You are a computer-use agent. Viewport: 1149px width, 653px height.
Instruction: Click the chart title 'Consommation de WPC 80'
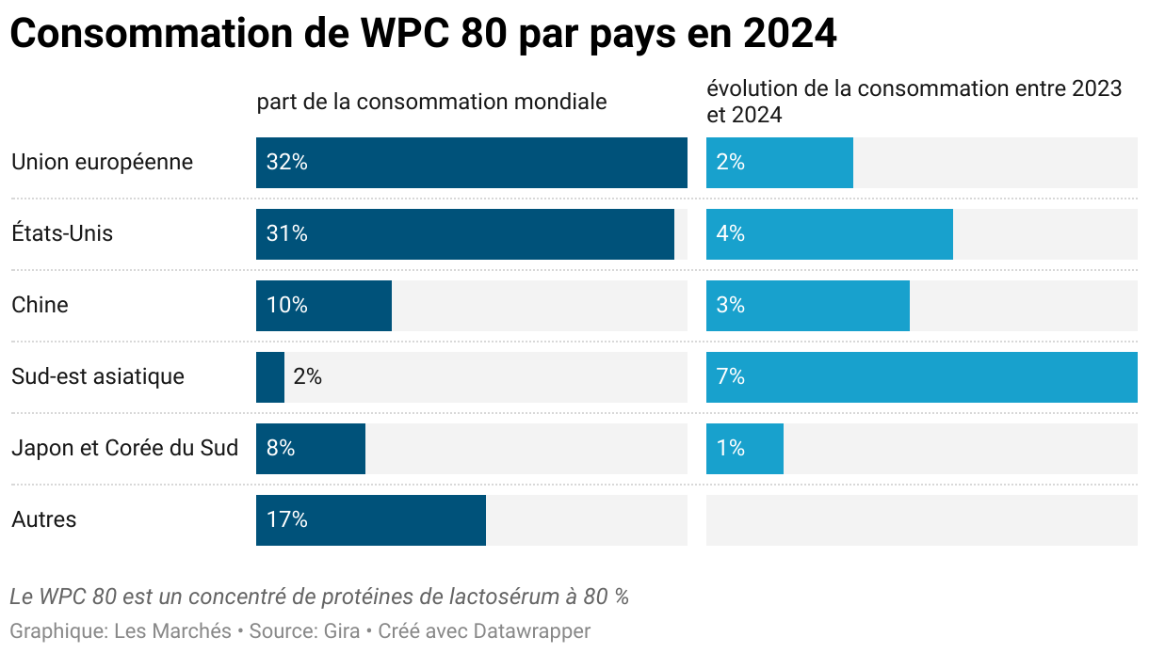(423, 35)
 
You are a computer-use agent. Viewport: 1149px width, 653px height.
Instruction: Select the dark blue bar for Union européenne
(471, 163)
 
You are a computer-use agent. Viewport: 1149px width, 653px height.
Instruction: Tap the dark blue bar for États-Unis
(465, 234)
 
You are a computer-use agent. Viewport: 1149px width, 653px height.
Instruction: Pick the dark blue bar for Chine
(324, 306)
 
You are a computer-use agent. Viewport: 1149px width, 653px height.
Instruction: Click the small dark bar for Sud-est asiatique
(270, 377)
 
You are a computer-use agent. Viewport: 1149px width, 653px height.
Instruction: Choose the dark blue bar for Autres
(371, 520)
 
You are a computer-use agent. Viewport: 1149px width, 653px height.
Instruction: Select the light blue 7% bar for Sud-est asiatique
(921, 377)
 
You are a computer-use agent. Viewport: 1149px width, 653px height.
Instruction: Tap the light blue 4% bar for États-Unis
(830, 234)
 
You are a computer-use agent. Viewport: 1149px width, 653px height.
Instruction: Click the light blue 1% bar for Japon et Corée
(745, 449)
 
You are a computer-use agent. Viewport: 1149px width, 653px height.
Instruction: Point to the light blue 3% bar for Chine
(808, 306)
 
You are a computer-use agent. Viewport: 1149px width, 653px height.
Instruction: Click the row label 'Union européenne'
(102, 163)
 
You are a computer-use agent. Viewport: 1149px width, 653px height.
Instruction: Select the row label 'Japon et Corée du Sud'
(124, 449)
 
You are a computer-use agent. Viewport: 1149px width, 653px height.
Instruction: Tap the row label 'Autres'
(44, 520)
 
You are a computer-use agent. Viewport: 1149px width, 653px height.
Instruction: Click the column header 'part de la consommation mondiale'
(431, 102)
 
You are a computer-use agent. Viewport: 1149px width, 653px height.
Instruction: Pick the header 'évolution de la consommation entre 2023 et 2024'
(914, 102)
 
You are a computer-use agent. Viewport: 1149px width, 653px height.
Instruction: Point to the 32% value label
(287, 163)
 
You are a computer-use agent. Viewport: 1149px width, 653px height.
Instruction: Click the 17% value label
(287, 520)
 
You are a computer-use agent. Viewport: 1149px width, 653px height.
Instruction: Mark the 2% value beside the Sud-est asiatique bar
(308, 377)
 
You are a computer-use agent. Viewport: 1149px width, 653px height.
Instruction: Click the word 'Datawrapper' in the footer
(531, 631)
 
